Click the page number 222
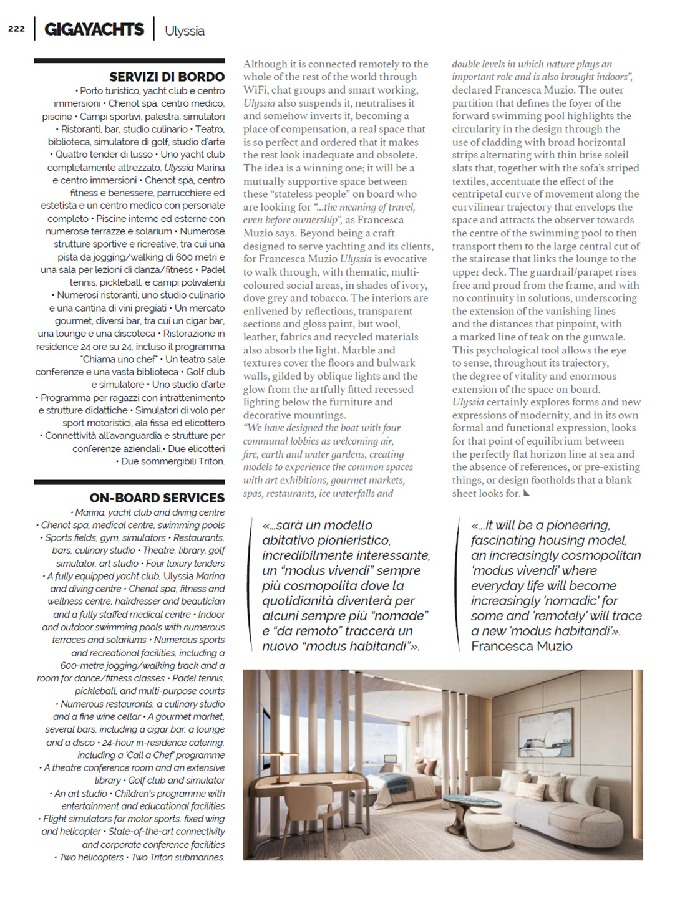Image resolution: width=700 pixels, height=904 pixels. click(x=16, y=29)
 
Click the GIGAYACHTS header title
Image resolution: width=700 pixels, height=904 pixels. click(x=94, y=29)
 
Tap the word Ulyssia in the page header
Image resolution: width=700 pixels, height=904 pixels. click(x=185, y=31)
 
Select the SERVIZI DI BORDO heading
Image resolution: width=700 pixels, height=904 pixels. click(x=167, y=77)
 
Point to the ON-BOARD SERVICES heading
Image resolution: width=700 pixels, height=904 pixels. click(x=157, y=498)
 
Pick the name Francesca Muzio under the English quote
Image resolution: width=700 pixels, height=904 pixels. click(x=522, y=647)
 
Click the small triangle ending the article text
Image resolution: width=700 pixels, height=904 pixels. click(x=527, y=494)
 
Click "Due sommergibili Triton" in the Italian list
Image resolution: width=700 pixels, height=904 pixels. click(x=172, y=461)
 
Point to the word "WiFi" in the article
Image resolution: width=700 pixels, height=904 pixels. click(x=256, y=90)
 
